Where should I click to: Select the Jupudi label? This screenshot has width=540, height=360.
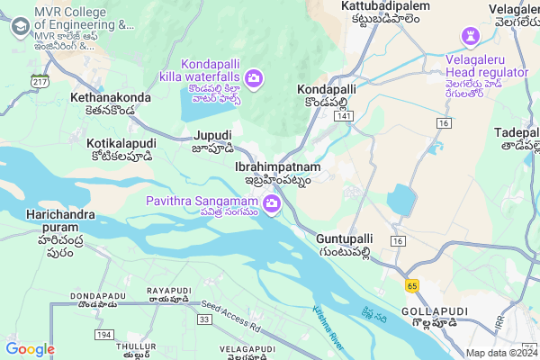click(212, 135)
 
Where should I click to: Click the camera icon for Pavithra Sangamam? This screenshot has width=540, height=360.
click(271, 207)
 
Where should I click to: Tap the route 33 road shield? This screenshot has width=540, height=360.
click(204, 319)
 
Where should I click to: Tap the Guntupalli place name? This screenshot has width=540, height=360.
click(345, 238)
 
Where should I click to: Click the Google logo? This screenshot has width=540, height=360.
click(30, 349)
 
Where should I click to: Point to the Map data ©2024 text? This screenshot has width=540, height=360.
click(500, 353)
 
